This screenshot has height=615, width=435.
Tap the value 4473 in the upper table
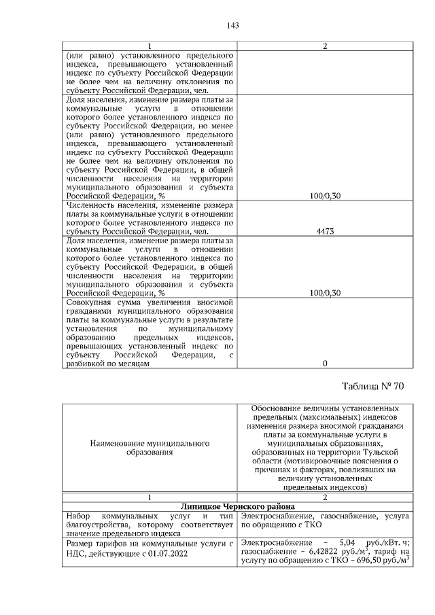pos(324,231)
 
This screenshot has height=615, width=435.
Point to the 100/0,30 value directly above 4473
pos(324,196)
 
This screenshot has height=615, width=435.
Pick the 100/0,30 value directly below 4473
pos(324,293)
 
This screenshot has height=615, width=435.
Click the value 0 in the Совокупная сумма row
pos(324,364)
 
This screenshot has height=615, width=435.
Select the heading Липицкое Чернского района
pos(237,506)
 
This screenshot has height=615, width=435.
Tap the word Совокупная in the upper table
pos(90,302)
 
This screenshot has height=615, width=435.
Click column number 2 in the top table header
pos(324,46)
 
